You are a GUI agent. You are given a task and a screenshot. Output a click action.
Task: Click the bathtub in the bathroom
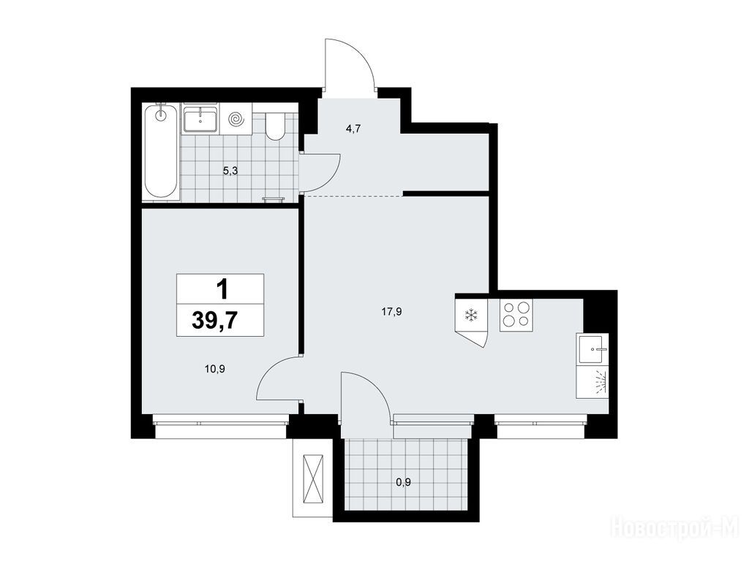tap(161, 151)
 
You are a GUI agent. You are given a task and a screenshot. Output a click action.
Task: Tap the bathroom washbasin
tap(200, 118)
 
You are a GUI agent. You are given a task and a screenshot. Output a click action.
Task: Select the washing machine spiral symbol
tap(236, 119)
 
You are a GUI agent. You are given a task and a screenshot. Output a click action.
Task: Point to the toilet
tap(275, 126)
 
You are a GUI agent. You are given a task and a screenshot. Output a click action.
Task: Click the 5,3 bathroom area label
tap(230, 171)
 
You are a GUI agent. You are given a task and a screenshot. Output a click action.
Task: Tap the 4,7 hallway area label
tap(353, 129)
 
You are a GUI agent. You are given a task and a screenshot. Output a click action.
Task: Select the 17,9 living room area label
tap(391, 312)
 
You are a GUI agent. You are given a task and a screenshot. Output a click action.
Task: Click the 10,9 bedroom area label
tap(214, 368)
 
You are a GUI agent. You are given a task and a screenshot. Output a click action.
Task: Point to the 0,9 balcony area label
tap(403, 482)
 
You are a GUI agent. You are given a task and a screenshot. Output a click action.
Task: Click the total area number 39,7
tap(214, 321)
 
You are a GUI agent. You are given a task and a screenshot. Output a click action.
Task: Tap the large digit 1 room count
tap(222, 289)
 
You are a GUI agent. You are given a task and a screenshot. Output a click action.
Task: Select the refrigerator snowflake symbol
tap(472, 315)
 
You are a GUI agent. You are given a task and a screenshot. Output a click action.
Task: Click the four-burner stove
tap(516, 315)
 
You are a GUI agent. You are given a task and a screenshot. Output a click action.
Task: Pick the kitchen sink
tap(592, 348)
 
